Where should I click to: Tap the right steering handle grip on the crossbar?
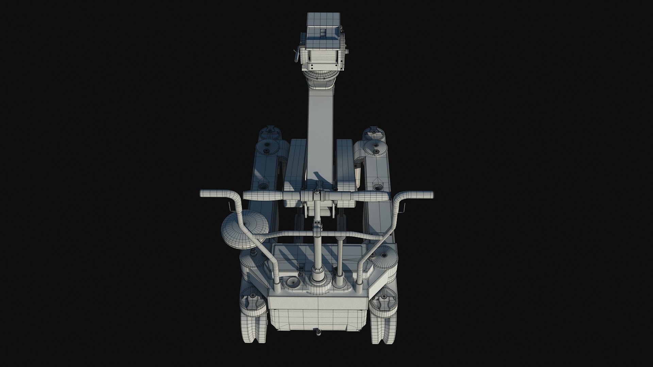(371, 196)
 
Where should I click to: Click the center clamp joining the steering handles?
(317, 196)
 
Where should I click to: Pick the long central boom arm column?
(320, 136)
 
